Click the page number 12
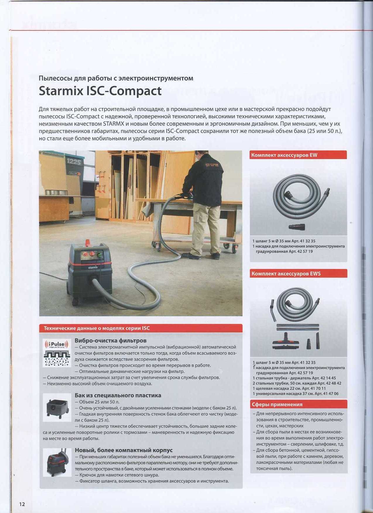coord(22,504)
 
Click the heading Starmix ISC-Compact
coord(100,91)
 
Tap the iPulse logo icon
coord(57,344)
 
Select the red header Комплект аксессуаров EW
coord(284,155)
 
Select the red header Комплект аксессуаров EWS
coord(286,273)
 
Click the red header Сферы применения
coord(277,404)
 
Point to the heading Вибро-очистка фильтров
coord(111,340)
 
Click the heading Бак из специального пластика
coord(118,395)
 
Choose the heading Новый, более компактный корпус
coord(124,450)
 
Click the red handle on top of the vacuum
coord(87,242)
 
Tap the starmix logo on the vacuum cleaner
coord(93,267)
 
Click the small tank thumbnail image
coord(57,407)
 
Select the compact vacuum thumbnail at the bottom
coord(57,462)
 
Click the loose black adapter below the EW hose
coord(297,226)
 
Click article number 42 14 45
coord(328,378)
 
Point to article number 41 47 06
coord(331,394)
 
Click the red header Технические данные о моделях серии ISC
coord(97,328)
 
